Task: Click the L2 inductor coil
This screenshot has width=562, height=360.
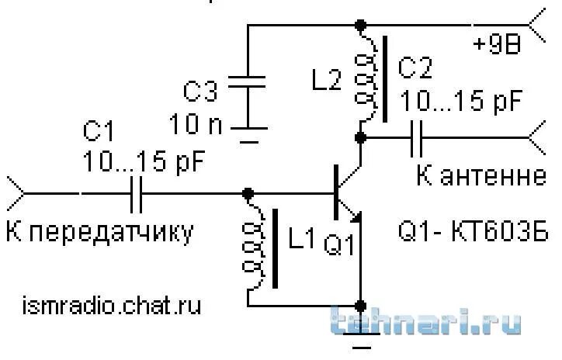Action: coord(362,78)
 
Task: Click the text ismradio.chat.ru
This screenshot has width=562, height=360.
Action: coord(112,305)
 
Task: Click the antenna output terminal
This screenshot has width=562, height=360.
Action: coord(538,138)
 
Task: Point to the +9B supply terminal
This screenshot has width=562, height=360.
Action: coord(538,25)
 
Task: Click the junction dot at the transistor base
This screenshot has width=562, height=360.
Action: coord(248,192)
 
